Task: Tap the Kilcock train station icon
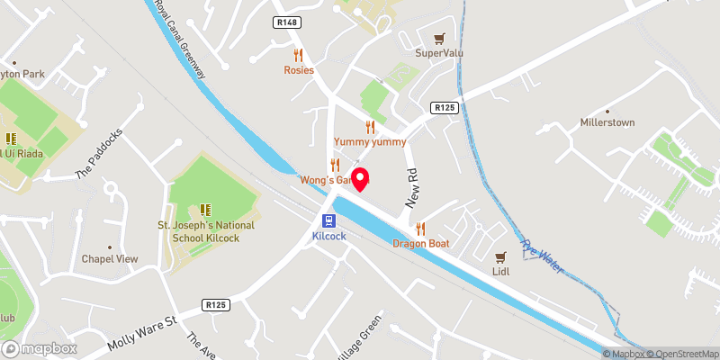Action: point(330,220)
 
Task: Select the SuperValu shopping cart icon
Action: point(438,39)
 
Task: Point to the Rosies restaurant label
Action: point(299,69)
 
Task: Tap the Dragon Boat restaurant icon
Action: point(420,229)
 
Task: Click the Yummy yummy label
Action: point(370,142)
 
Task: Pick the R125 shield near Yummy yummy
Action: point(444,108)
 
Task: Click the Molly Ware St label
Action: point(144,330)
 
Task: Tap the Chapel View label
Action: point(110,258)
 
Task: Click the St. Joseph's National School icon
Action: point(205,210)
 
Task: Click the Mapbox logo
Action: point(40,348)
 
